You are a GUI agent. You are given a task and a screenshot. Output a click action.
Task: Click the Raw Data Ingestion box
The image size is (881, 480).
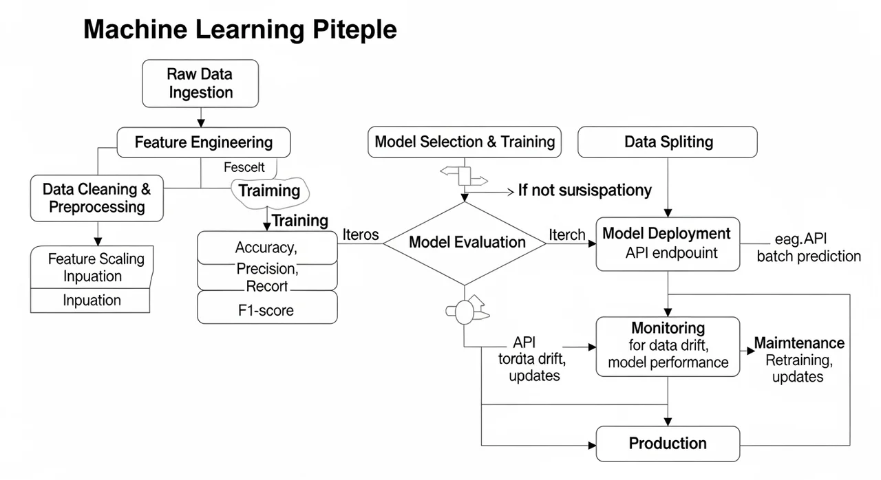[x=200, y=83]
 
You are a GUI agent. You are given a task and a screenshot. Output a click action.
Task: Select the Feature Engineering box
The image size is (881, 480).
[x=204, y=142]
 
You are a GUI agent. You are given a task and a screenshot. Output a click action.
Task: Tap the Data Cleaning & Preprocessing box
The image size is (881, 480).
[x=97, y=198]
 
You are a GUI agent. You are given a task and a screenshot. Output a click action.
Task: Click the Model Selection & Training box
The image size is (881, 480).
[x=465, y=142]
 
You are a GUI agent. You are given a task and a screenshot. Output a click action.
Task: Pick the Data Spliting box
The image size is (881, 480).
[x=668, y=142]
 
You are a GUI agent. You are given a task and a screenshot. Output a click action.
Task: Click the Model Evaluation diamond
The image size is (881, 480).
[x=467, y=242]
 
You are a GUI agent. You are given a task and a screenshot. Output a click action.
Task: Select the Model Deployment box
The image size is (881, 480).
[x=668, y=243]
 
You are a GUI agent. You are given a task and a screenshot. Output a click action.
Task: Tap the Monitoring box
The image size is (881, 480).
[x=668, y=346]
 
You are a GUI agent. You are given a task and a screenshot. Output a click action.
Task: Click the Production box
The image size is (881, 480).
[x=668, y=444]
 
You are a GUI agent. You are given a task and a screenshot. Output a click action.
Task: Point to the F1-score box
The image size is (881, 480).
[x=267, y=310]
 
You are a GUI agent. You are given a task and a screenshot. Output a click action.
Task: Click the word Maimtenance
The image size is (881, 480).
[x=799, y=342]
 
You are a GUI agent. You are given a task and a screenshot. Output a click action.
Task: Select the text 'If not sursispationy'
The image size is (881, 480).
[x=584, y=190]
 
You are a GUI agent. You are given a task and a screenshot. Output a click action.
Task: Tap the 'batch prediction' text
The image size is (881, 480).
[x=809, y=257]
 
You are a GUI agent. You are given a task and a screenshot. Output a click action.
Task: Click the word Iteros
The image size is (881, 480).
[x=360, y=234]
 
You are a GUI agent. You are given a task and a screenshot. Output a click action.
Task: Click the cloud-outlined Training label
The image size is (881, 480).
[x=270, y=190]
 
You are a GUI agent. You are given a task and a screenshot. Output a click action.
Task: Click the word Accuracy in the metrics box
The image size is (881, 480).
[x=265, y=248]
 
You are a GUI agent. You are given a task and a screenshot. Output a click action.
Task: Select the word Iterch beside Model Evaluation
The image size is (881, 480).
[x=566, y=234]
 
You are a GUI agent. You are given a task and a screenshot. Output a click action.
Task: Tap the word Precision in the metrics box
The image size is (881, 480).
[x=266, y=268]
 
